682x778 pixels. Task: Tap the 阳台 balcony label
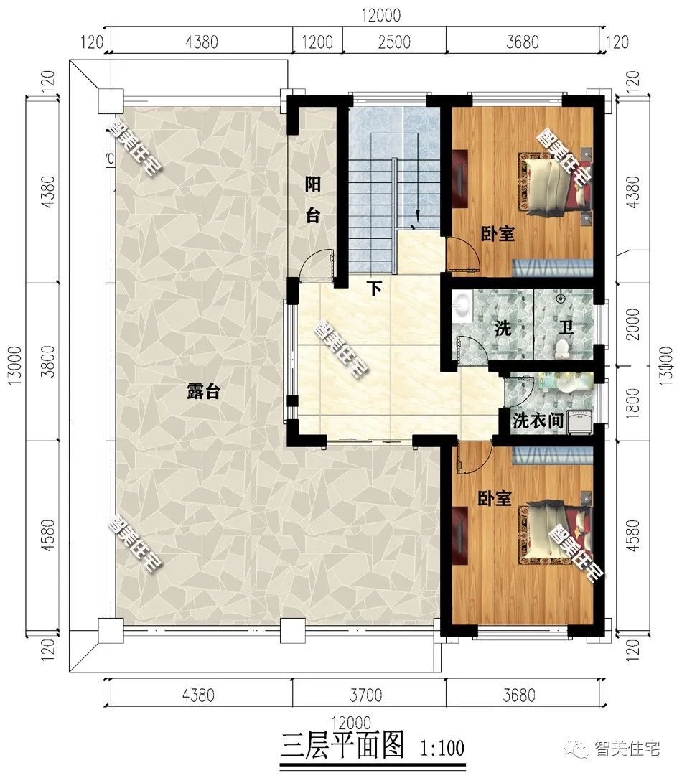point(312,200)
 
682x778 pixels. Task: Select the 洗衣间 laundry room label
point(538,421)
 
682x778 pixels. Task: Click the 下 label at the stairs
point(375,289)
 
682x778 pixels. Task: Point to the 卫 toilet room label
point(566,328)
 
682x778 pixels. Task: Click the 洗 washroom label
point(503,329)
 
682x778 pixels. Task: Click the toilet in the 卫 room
point(562,349)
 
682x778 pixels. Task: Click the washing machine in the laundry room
point(580,421)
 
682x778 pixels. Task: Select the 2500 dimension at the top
point(394,42)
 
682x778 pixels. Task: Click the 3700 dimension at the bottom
point(366,695)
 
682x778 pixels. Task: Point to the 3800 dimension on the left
point(48,361)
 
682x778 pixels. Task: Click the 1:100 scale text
point(442,747)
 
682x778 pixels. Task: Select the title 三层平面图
point(342,745)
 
